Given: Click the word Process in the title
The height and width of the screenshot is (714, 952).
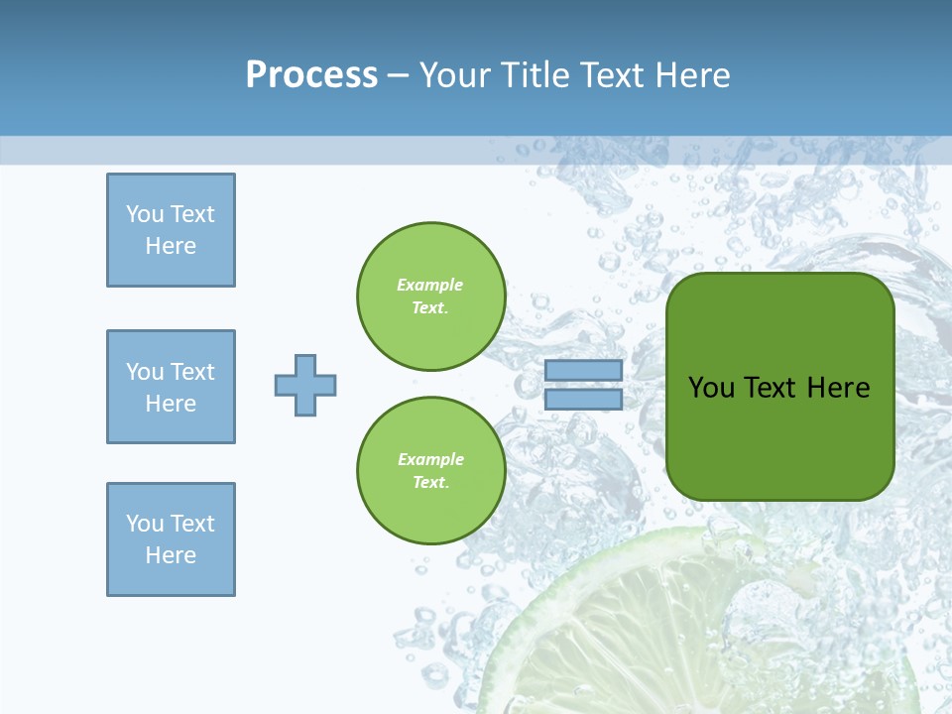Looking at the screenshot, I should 311,75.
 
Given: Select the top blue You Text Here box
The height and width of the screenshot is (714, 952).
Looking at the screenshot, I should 171,230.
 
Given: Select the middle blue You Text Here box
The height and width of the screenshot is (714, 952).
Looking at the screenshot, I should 171,387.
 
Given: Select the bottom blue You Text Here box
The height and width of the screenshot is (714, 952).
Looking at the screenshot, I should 171,539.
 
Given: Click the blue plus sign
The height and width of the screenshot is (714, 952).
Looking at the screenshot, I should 305,385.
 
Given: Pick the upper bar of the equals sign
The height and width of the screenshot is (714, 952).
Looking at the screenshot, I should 583,370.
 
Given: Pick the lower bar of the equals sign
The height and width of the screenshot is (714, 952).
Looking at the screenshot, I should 583,400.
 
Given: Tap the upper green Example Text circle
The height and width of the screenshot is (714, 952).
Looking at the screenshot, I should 430,296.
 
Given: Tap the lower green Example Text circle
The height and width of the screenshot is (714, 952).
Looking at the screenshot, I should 430,470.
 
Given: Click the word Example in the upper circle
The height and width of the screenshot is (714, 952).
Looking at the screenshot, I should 429,285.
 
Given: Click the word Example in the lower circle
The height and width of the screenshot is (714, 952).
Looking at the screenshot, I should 430,459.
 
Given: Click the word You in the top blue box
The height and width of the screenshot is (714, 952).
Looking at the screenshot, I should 145,214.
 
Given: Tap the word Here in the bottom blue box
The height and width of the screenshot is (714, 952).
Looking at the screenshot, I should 171,555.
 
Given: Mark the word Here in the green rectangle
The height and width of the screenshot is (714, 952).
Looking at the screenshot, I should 838,388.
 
